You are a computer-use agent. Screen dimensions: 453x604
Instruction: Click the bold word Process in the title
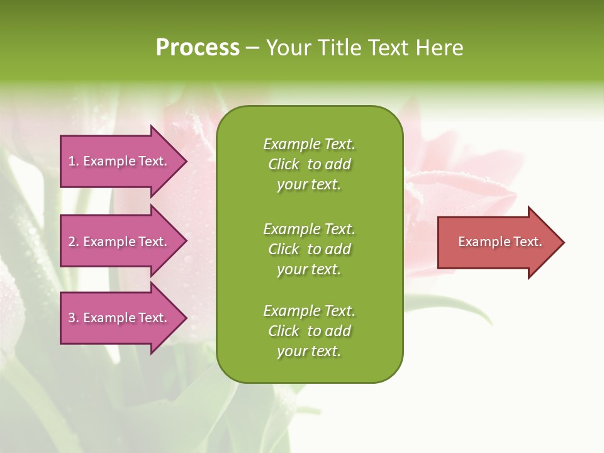(198, 48)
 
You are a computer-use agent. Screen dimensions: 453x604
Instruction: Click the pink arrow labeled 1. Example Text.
(120, 162)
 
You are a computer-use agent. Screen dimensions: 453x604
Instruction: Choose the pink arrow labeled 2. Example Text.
(120, 242)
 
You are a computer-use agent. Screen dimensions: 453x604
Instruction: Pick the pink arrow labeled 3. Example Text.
(120, 318)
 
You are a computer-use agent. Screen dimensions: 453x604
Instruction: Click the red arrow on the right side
(497, 242)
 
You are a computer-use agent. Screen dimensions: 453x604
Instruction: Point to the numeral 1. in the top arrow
(74, 162)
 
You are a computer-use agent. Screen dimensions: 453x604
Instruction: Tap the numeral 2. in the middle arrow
(74, 242)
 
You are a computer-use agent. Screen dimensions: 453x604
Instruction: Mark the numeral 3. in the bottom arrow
(74, 318)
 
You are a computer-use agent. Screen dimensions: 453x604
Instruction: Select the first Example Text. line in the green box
(309, 144)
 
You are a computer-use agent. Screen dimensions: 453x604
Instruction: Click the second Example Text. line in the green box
(309, 228)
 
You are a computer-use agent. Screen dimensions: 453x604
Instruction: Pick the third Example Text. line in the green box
(309, 311)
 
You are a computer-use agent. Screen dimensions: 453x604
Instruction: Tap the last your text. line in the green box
(309, 351)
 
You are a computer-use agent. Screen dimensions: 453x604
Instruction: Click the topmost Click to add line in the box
(309, 164)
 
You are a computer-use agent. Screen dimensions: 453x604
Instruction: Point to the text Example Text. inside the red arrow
(500, 242)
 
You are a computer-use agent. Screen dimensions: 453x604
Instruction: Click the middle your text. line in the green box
(309, 269)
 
